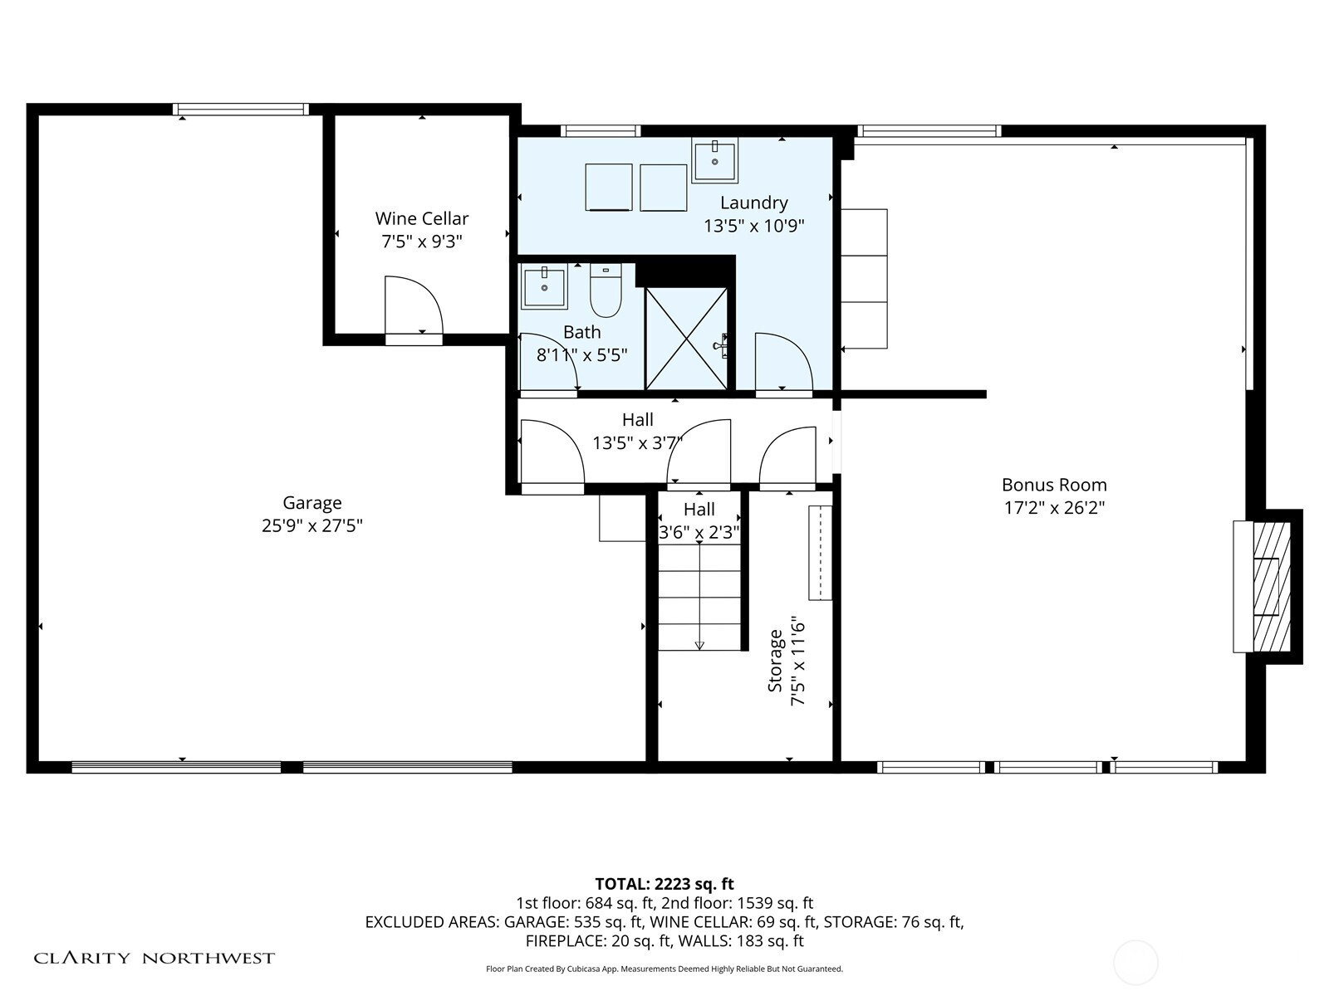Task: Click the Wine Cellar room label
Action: [421, 218]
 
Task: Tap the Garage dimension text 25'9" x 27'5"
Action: [311, 525]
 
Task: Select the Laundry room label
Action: [754, 203]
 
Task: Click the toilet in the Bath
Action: [606, 290]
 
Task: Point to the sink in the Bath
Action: [544, 286]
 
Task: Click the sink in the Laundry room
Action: [715, 159]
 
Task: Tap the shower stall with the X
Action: [687, 339]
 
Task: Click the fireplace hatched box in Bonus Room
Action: [1271, 587]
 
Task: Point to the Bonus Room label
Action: [1054, 485]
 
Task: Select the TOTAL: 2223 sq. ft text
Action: [664, 884]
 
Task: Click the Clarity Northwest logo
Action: [154, 958]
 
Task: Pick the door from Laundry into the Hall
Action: [784, 362]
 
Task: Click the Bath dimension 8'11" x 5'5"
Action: [581, 354]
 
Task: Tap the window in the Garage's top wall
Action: [241, 110]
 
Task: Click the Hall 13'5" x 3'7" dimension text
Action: [637, 443]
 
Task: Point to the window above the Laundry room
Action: [600, 130]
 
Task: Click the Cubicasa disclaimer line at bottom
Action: [664, 969]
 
